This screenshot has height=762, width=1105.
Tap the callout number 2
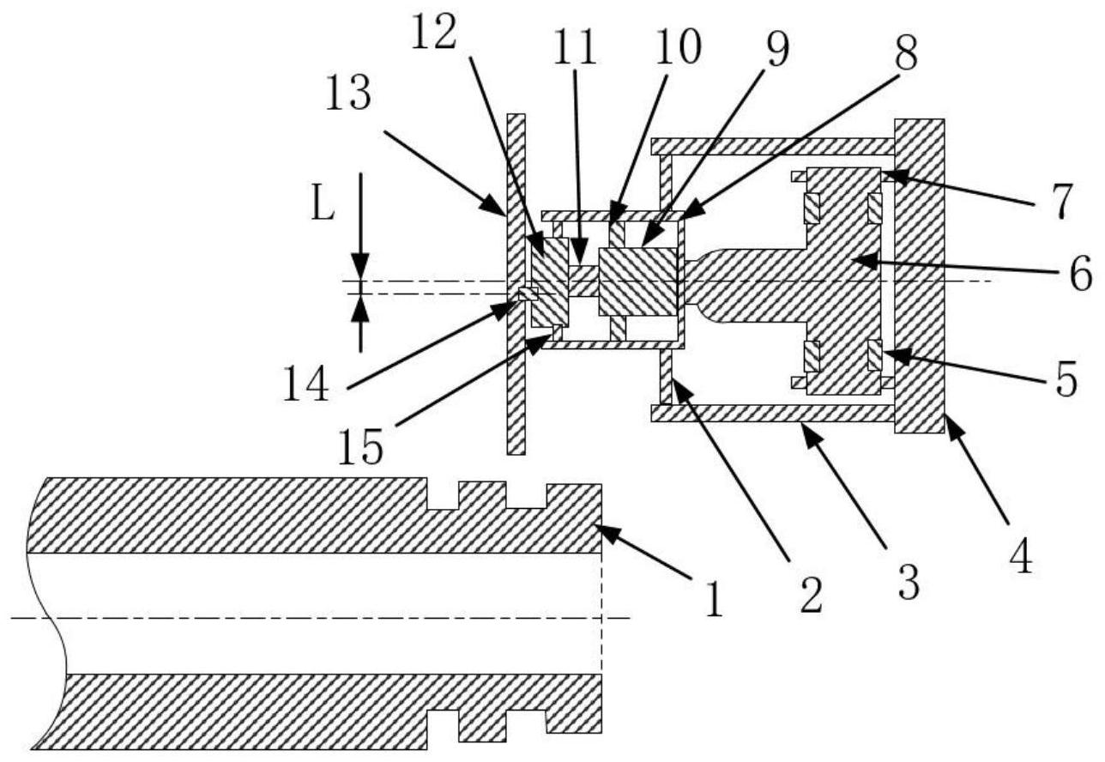coord(809,593)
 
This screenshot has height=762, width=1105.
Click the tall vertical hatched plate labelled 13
coord(515,386)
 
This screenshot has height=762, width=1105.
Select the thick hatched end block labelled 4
coord(919,275)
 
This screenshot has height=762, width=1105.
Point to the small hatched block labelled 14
coord(527,294)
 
